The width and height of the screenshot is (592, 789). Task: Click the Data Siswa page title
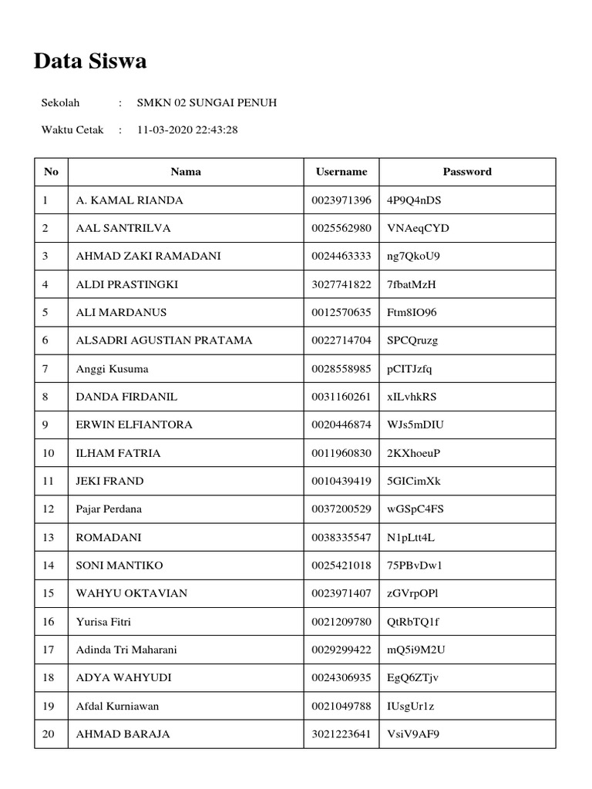pos(90,62)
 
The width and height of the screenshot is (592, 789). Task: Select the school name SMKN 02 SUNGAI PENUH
pos(207,102)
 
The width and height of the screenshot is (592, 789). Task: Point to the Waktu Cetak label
pos(72,129)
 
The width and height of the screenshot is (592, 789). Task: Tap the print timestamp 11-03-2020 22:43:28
pos(187,129)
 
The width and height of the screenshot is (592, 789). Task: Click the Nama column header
pos(186,172)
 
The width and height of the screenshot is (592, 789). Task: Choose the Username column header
pos(341,172)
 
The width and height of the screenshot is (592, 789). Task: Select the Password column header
pos(467,172)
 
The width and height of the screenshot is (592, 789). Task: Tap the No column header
pos(51,172)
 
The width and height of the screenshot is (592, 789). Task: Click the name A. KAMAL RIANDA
pos(129,200)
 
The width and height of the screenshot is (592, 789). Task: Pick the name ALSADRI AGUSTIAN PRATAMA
pos(164,341)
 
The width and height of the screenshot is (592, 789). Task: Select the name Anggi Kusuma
pos(112,369)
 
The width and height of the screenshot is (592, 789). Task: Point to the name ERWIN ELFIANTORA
pos(134,425)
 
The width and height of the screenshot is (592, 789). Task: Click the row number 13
pos(49,537)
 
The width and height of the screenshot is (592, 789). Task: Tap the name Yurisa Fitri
pos(109,622)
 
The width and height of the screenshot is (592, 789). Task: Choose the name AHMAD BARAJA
pos(123,734)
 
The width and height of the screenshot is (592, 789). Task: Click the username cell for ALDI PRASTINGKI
pos(341,284)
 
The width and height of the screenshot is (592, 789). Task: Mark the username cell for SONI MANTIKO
pos(341,566)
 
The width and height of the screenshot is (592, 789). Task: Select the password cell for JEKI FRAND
pos(414,482)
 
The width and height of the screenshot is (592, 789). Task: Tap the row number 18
pos(49,678)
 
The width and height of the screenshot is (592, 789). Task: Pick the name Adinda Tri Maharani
pos(126,650)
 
